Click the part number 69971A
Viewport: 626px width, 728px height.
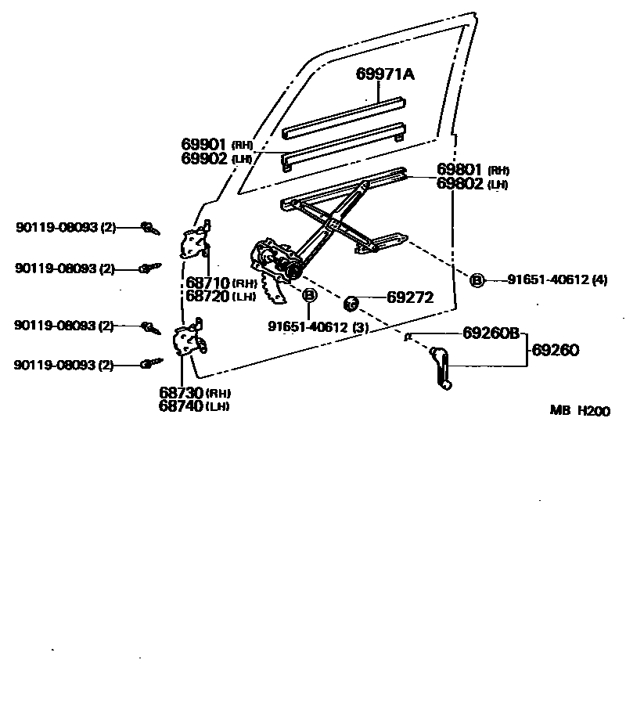tap(385, 74)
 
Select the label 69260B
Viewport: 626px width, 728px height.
tap(491, 333)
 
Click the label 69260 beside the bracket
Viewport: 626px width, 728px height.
tap(556, 351)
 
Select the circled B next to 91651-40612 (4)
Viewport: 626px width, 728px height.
tap(477, 280)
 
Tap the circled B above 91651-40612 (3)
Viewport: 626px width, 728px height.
tap(310, 295)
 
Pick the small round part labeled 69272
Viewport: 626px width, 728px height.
tap(352, 300)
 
